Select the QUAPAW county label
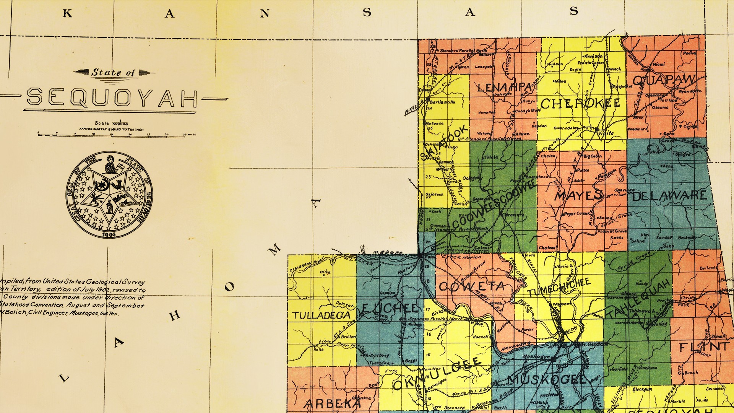663,80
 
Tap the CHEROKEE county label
580,103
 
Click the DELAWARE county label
669,196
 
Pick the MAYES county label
578,196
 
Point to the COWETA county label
471,286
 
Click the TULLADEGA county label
322,315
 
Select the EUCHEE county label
390,308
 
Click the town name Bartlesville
442,102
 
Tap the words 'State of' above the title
113,72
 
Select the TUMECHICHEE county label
559,287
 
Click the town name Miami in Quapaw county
658,65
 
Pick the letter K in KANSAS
67,14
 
